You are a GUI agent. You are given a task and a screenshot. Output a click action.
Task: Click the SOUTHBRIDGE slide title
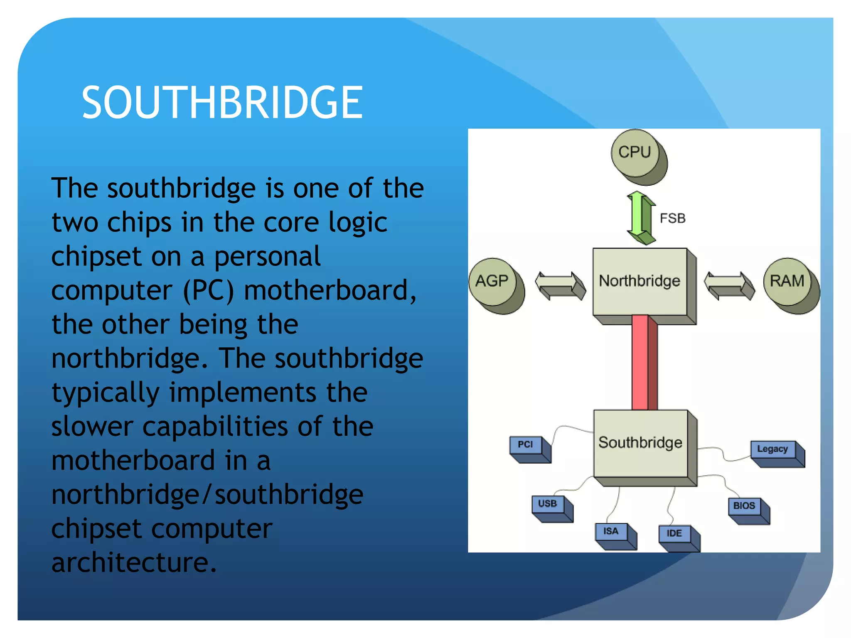coord(222,102)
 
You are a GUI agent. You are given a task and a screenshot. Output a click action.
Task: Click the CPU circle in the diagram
coord(636,154)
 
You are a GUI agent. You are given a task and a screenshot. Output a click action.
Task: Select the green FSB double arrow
coord(640,218)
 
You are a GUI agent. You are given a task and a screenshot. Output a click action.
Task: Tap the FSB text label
coord(672,218)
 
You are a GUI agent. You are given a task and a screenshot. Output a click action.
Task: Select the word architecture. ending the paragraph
coord(134,562)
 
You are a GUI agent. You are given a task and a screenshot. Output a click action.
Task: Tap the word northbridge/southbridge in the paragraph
coord(207,494)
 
